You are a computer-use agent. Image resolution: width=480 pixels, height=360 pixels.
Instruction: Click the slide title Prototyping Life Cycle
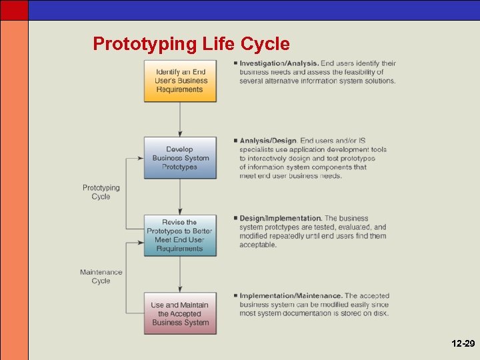coord(191,44)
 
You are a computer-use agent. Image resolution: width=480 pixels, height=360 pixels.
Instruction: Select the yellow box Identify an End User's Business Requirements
coord(180,81)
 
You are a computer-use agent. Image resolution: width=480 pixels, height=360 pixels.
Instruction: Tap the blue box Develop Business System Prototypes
coord(180,158)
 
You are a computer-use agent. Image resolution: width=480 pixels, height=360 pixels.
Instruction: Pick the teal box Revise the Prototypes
coord(180,235)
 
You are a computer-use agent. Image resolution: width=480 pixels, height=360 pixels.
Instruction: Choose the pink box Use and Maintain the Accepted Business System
coord(180,313)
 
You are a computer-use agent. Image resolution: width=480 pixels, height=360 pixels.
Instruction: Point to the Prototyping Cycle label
coord(101,192)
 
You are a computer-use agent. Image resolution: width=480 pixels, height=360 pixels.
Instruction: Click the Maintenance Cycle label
coord(101,276)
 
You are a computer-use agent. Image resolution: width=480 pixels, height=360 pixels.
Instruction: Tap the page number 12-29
coord(463,343)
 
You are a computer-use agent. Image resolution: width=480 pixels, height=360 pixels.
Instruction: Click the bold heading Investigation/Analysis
coord(279,64)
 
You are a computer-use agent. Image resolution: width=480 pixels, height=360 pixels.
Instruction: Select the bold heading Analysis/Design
coord(268,141)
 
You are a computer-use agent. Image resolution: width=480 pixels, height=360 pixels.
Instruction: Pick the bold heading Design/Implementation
coord(281,218)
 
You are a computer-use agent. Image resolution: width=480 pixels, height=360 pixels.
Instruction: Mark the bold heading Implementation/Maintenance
coord(291,295)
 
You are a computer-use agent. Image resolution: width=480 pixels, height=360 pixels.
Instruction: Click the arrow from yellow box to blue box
coord(180,119)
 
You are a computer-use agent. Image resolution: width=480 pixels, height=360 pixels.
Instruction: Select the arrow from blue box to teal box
coord(180,197)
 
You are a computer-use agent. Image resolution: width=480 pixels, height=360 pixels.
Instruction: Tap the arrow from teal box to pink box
coord(180,274)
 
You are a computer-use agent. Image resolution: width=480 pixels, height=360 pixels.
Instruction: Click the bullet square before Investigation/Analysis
coord(235,63)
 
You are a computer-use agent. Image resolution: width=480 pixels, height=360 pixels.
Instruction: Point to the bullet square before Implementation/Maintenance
coord(235,295)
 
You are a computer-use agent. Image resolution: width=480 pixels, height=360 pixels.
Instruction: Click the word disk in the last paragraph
coord(380,313)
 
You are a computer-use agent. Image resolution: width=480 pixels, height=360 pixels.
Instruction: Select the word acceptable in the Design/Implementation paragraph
coord(258,245)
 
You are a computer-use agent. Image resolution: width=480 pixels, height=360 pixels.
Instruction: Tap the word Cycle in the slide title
coord(265,44)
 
